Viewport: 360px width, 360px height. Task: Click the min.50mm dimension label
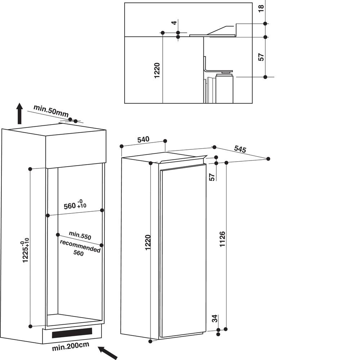[51, 111]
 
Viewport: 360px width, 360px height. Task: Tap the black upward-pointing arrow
[20, 114]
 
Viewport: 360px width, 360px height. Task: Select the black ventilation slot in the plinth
[72, 333]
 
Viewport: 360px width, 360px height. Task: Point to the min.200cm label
[71, 346]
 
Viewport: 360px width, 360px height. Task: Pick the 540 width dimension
[143, 139]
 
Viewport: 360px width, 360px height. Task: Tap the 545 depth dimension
[240, 149]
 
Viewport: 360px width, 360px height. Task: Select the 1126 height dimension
[222, 239]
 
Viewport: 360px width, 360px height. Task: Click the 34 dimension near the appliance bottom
[215, 319]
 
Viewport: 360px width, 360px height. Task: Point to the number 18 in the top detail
[261, 9]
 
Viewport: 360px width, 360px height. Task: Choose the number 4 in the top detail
[174, 23]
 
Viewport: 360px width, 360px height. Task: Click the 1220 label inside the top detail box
[157, 70]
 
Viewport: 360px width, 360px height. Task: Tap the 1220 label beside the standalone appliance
[148, 242]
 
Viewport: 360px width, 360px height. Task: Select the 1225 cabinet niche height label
[26, 251]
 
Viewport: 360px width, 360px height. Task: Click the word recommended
[80, 246]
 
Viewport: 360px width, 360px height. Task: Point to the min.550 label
[80, 235]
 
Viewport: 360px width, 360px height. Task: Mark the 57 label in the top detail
[261, 57]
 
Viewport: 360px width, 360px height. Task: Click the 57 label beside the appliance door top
[212, 177]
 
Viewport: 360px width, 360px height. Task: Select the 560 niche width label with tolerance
[75, 204]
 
